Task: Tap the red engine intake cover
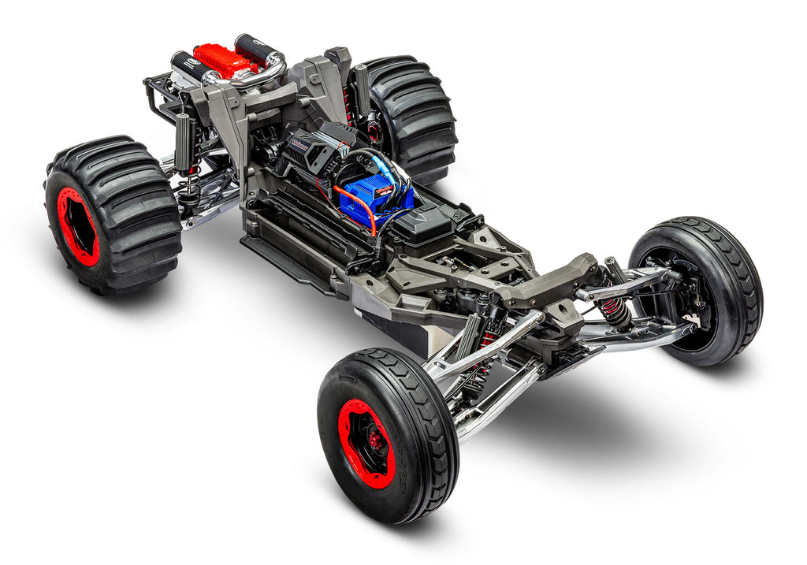coord(223,60)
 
